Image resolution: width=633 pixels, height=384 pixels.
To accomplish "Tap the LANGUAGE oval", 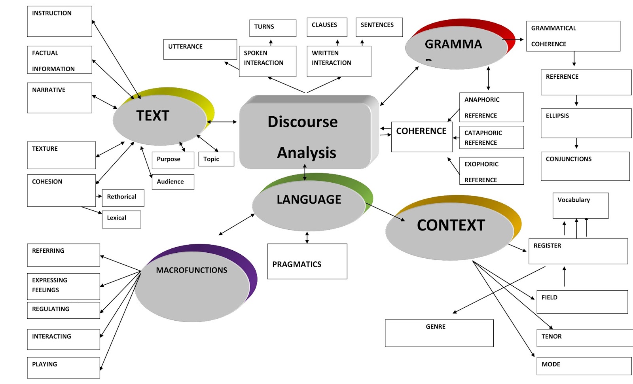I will pos(309,204).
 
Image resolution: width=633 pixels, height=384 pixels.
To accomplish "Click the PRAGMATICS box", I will pos(307,261).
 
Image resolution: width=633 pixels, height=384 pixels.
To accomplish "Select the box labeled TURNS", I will pos(273,28).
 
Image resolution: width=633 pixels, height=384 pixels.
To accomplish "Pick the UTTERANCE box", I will pos(200,49).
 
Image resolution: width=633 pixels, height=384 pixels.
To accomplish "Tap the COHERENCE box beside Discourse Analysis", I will pos(422,137).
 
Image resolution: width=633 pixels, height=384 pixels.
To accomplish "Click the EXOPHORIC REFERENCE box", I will pos(491,171).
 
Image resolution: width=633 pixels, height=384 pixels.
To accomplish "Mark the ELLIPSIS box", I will pos(586,123).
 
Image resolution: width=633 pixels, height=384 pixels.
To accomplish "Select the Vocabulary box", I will pos(580,205).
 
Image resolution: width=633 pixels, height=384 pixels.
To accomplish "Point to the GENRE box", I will pos(439,333).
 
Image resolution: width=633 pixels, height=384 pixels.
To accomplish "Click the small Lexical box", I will pos(121,219).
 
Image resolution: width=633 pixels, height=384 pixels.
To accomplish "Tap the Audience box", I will pos(173,182).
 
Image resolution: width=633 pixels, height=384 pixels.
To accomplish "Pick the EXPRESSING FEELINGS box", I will pos(63,286).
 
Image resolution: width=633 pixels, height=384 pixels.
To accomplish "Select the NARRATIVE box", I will pos(59,98).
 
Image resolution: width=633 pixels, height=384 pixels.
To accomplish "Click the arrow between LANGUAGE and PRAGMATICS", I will pos(307,237).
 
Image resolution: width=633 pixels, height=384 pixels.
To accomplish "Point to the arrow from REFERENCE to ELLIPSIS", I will pos(576,100).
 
